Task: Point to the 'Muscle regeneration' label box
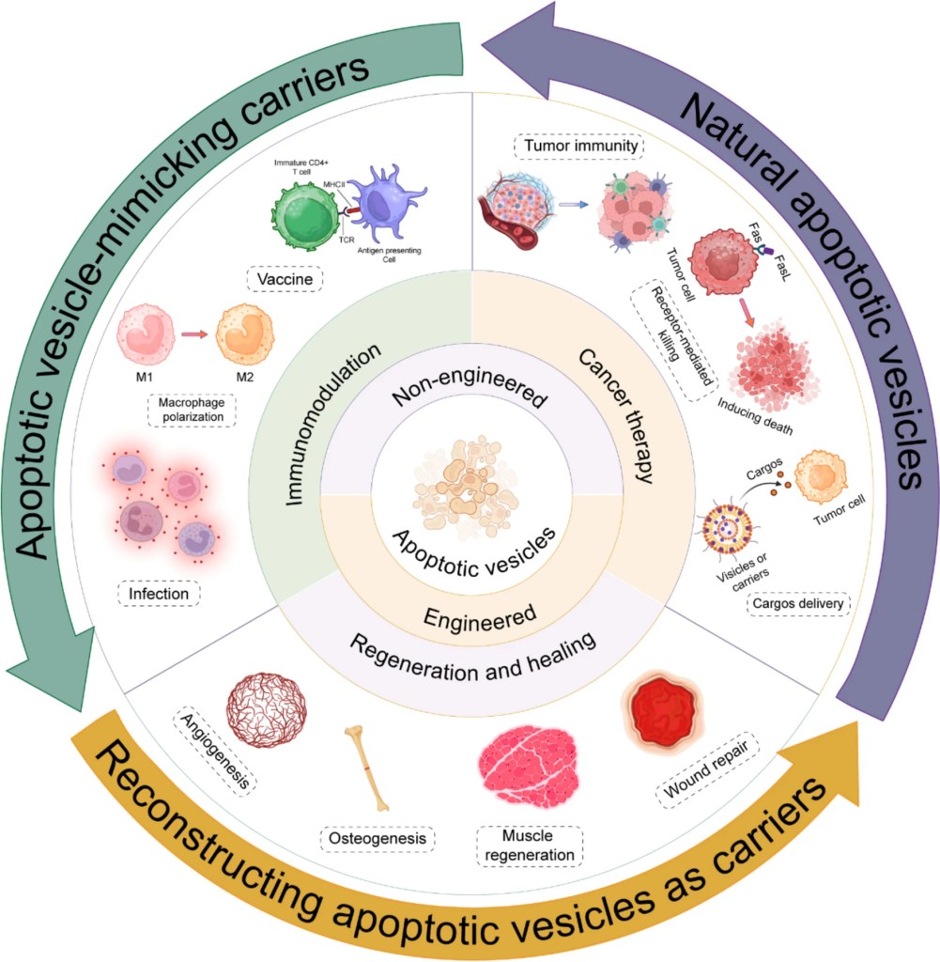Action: click(x=530, y=845)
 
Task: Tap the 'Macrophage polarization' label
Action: click(x=190, y=409)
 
